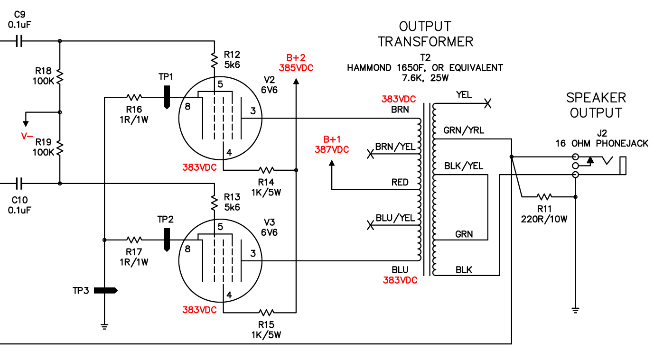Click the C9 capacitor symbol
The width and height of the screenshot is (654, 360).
(19, 41)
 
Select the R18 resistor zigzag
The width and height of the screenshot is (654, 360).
(59, 77)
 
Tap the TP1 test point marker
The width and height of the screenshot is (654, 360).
(167, 97)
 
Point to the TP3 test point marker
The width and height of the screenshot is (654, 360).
(106, 290)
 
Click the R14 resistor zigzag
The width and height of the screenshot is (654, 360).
(266, 170)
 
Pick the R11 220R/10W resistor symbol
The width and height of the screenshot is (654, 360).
(544, 197)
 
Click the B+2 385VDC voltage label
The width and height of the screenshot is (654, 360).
(296, 63)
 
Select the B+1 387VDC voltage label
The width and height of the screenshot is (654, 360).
(332, 144)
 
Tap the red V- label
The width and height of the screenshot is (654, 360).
(27, 136)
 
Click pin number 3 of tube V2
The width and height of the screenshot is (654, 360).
(253, 111)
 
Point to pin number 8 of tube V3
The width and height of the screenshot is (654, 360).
(187, 249)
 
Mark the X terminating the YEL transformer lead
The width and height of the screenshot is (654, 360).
(487, 103)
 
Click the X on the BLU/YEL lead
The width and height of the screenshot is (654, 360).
(370, 225)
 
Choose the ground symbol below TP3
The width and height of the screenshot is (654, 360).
(104, 326)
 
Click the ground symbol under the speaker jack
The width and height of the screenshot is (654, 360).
(575, 310)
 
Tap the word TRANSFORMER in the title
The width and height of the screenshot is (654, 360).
(425, 42)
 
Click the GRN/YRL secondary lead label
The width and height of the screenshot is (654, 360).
(464, 130)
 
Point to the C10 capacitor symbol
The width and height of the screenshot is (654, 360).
(19, 184)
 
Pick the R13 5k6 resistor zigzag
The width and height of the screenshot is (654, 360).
(215, 203)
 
